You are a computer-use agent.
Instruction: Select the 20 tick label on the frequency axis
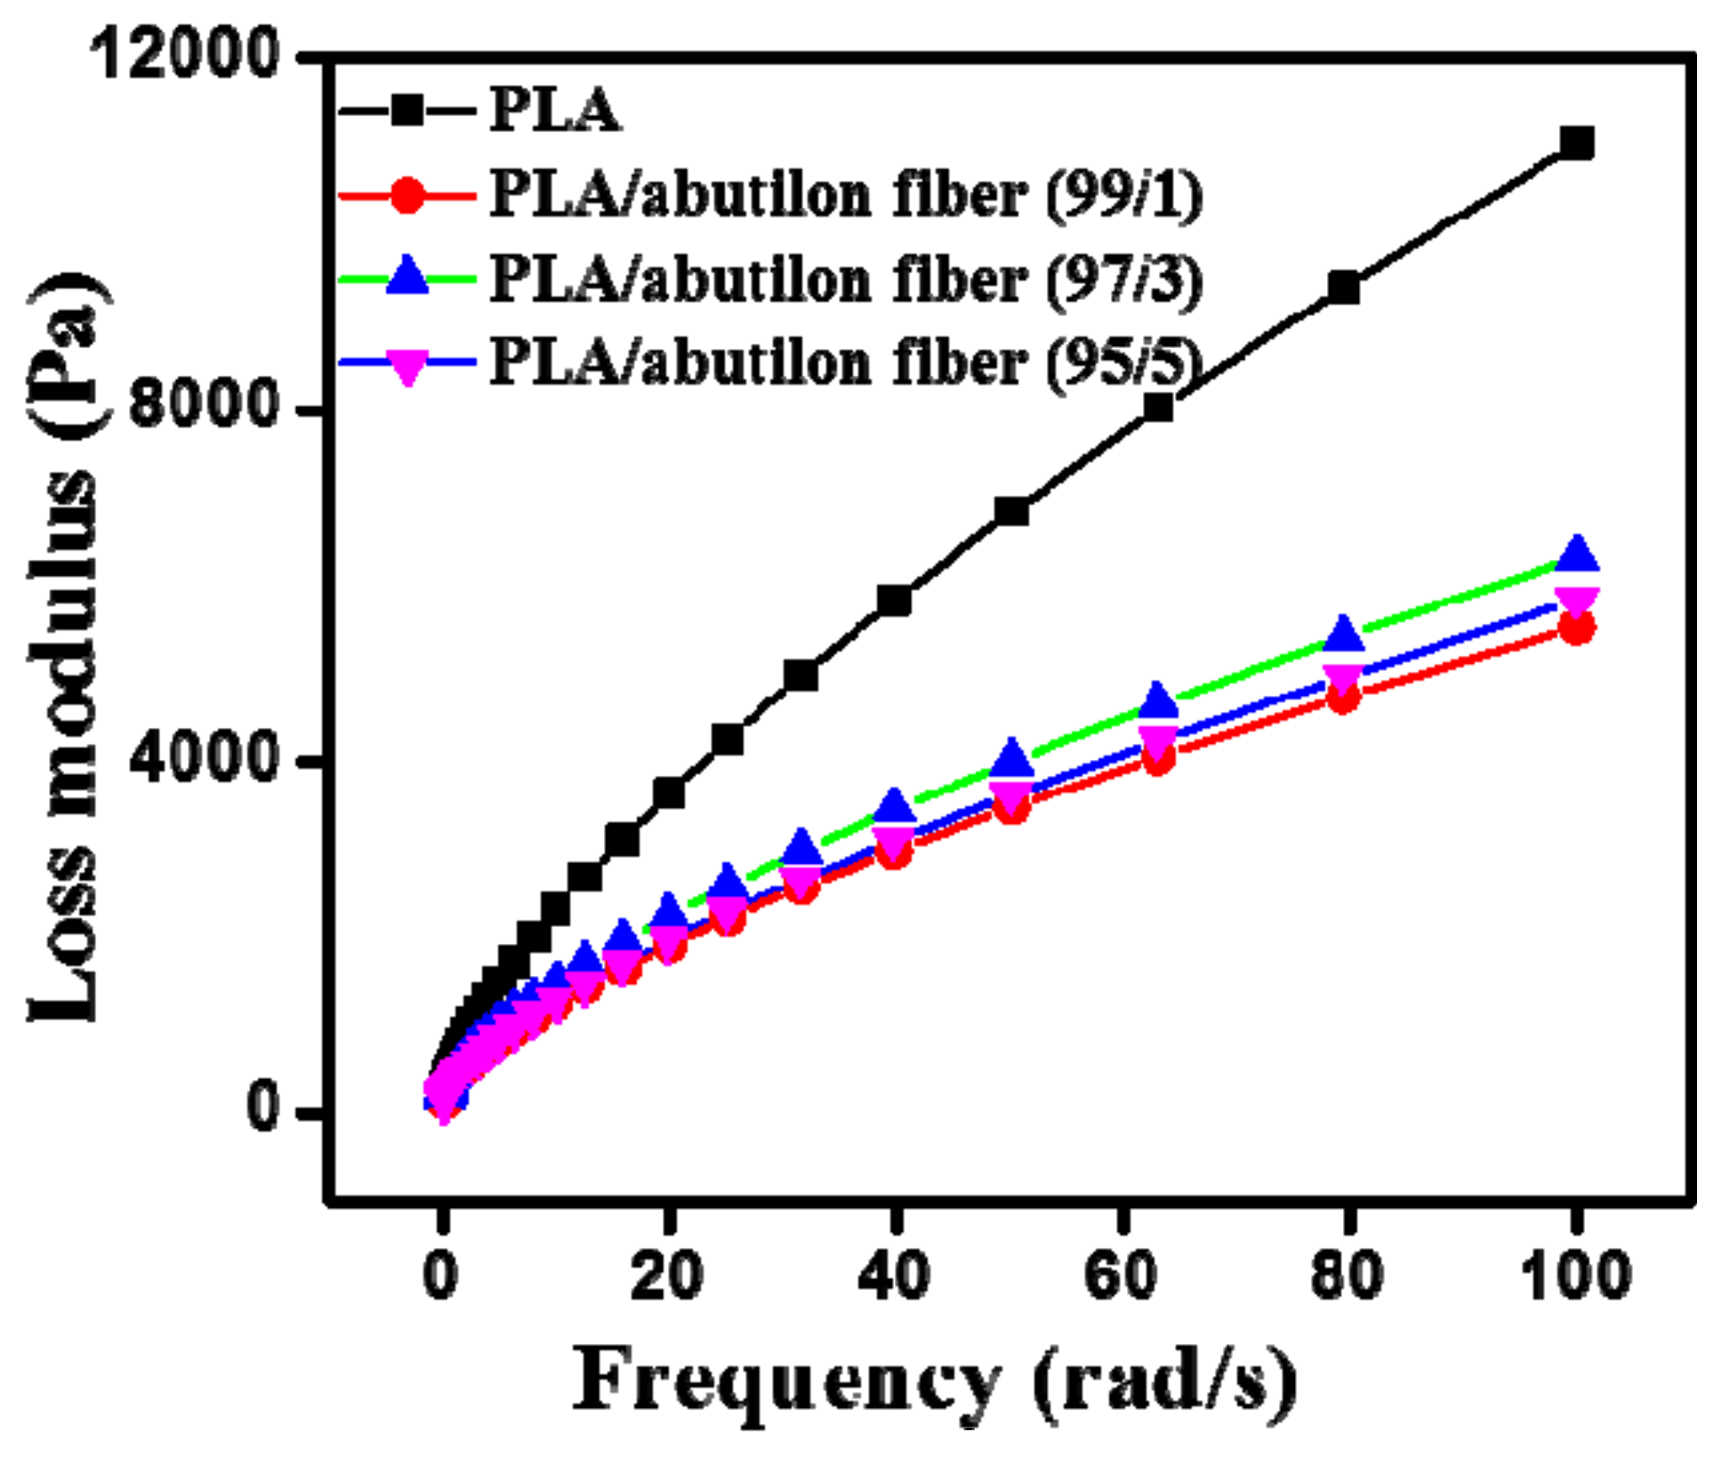point(667,1275)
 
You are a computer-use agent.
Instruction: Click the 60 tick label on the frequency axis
point(1120,1275)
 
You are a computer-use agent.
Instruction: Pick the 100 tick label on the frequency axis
point(1576,1275)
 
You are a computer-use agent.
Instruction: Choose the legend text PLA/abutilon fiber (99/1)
point(846,195)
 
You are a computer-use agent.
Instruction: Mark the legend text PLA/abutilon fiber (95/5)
point(846,363)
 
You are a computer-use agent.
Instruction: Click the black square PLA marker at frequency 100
point(1576,144)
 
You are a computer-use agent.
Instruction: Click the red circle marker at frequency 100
point(1576,628)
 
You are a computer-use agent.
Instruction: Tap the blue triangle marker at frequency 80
point(1344,634)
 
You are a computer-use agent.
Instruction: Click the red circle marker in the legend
point(407,195)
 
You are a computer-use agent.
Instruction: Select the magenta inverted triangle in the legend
point(407,366)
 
